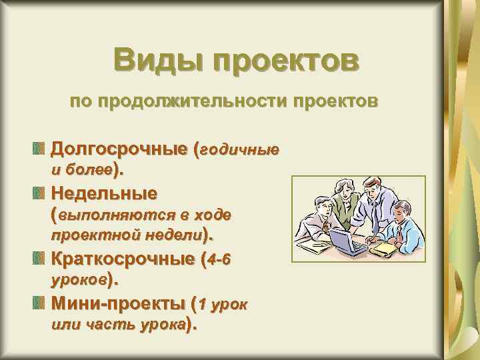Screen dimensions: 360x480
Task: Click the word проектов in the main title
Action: [287, 61]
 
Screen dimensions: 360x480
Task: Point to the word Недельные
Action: [105, 194]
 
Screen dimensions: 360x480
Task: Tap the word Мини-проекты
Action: [118, 305]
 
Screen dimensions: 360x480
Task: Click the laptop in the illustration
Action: [347, 241]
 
